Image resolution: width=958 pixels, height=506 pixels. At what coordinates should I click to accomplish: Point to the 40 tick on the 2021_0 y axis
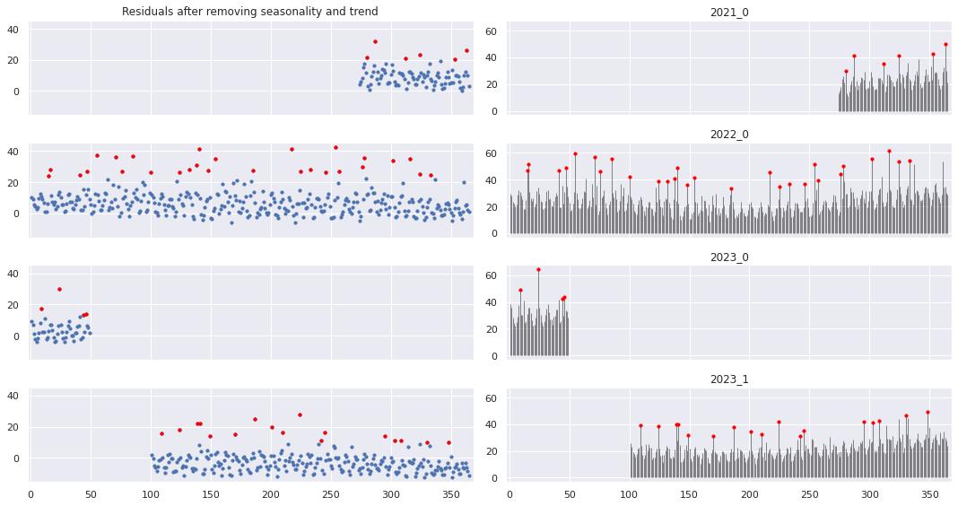[493, 57]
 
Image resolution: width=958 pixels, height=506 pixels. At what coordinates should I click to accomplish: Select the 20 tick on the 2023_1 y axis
[493, 451]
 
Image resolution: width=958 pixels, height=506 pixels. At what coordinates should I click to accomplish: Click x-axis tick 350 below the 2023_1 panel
[929, 493]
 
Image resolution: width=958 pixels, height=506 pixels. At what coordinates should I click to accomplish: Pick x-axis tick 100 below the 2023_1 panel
[629, 493]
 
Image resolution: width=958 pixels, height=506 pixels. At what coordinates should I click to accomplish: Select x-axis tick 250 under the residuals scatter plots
[331, 493]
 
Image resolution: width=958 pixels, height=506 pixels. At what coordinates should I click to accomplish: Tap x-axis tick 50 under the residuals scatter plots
[91, 493]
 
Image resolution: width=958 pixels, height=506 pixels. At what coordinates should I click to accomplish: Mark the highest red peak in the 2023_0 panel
[538, 269]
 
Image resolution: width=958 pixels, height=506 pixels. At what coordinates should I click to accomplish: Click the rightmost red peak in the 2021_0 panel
[945, 44]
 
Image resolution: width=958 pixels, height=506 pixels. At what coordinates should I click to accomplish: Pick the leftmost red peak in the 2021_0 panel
[846, 71]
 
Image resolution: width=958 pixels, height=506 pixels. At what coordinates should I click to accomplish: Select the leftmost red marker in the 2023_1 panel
[640, 425]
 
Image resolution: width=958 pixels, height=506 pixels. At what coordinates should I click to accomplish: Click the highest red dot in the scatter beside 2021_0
[375, 41]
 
